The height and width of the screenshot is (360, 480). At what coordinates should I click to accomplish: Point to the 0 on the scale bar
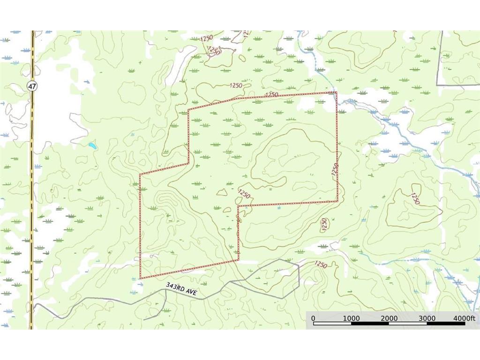click(x=313, y=318)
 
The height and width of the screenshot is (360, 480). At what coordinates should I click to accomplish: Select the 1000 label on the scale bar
click(x=351, y=318)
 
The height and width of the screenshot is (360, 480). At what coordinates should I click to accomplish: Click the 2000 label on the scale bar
click(x=389, y=318)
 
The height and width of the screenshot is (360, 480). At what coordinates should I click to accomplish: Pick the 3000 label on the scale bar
click(x=427, y=318)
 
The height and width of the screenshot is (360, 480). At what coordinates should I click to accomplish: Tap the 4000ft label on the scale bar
click(x=464, y=318)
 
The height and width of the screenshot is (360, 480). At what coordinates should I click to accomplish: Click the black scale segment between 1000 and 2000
click(x=370, y=324)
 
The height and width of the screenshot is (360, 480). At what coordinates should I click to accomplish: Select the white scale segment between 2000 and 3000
click(x=408, y=324)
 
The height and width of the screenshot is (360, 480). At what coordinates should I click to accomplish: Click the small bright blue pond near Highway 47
click(x=92, y=146)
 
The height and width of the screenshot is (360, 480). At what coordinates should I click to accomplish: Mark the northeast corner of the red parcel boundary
click(x=336, y=92)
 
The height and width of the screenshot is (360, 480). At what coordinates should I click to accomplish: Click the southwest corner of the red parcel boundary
click(x=140, y=278)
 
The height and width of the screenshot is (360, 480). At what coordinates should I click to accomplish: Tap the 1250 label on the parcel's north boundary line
click(x=272, y=95)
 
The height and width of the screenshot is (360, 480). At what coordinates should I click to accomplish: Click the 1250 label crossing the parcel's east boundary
click(x=334, y=169)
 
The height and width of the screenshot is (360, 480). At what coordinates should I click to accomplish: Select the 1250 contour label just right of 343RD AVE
click(x=321, y=265)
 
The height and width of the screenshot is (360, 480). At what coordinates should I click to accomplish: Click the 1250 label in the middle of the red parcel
click(x=244, y=193)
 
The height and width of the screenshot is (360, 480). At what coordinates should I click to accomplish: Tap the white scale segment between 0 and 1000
click(x=332, y=324)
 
